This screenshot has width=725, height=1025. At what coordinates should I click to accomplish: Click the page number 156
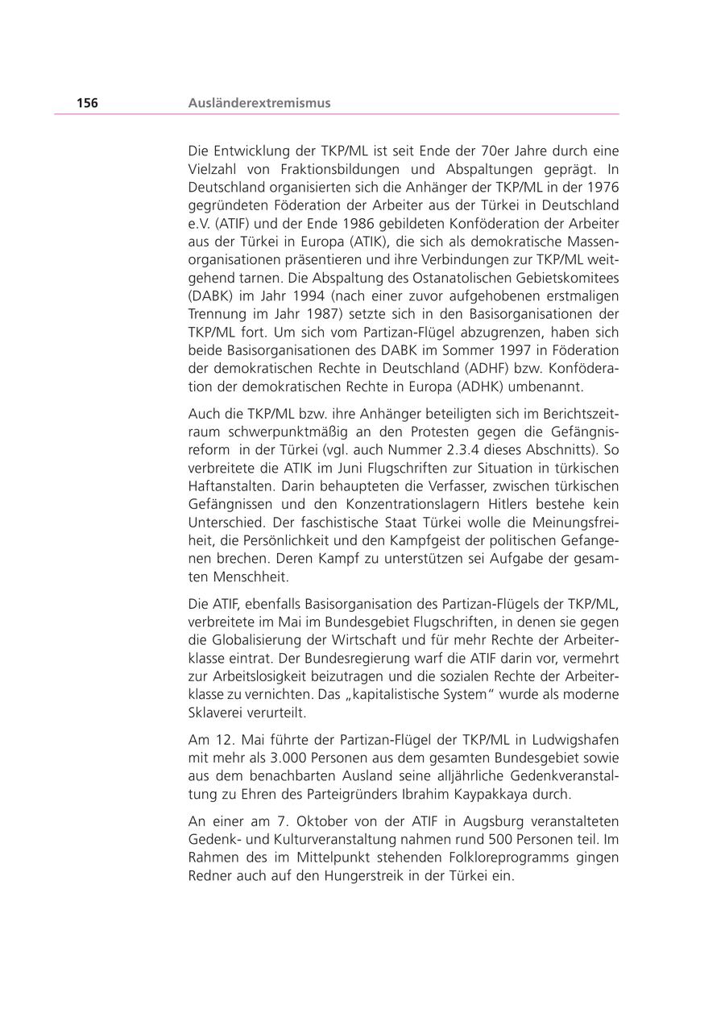(87, 103)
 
